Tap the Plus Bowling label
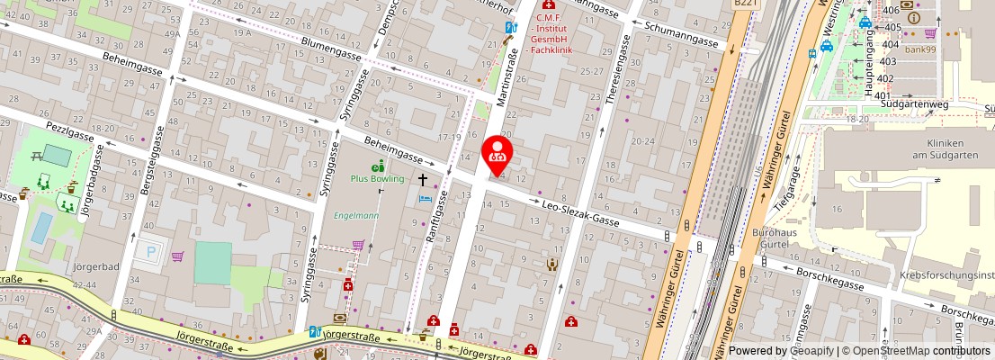coord(378,178)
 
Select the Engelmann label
coord(356,216)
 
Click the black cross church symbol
coord(423,180)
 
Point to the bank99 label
coord(919,49)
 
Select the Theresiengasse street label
coord(615,81)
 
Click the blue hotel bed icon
coord(426,198)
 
